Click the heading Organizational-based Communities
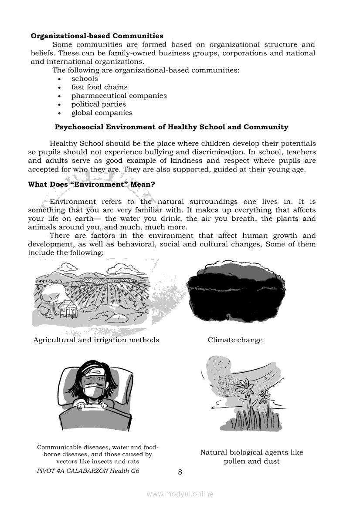coord(97,36)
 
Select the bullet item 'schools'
coord(85,79)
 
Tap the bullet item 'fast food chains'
coord(99,87)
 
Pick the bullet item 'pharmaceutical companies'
coord(119,96)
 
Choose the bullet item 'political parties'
coord(98,104)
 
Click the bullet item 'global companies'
coord(102,113)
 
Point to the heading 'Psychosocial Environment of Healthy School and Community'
coord(171,127)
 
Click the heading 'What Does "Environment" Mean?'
coord(92,184)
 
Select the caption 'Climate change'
coord(235,340)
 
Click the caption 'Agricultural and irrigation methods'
coord(96,340)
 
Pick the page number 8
coord(180,472)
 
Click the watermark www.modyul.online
coord(180,494)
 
